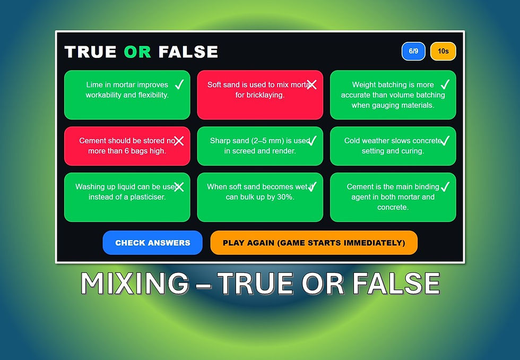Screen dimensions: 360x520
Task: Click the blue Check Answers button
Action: [153, 243]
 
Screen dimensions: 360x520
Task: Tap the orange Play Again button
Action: [314, 243]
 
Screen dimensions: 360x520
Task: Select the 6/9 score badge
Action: [413, 52]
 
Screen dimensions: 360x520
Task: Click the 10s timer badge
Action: [443, 52]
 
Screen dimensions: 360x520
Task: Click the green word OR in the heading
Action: [137, 52]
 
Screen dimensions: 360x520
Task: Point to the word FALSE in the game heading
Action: [188, 52]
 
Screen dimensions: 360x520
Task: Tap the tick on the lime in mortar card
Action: [179, 84]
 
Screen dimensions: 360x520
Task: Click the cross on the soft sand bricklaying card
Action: [311, 84]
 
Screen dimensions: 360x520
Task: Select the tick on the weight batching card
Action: [445, 84]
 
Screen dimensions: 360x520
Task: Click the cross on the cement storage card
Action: [179, 141]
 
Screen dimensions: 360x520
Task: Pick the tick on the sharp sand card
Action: [312, 141]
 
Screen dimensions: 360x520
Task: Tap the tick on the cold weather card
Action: [445, 141]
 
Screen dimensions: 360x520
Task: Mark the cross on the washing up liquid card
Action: [179, 186]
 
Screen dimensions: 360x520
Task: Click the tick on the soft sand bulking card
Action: [312, 186]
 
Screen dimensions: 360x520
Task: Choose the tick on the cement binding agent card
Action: [445, 186]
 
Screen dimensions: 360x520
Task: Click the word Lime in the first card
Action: [94, 84]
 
